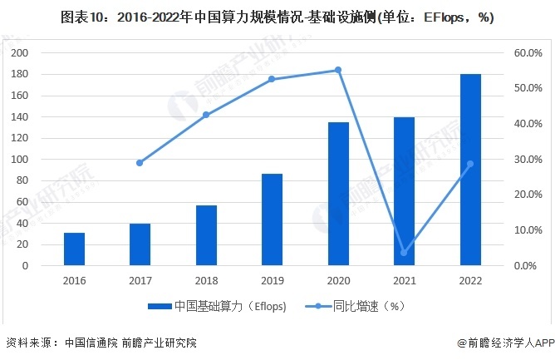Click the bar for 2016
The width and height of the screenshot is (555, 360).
pyautogui.click(x=74, y=249)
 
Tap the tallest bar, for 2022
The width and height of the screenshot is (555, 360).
pyautogui.click(x=470, y=170)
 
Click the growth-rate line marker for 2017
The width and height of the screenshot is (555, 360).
pyautogui.click(x=140, y=163)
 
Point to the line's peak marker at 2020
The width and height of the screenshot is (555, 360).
pyautogui.click(x=338, y=70)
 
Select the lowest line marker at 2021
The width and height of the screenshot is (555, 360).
pyautogui.click(x=404, y=253)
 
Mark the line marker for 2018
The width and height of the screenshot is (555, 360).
pyautogui.click(x=206, y=115)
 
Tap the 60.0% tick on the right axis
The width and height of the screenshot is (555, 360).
pyautogui.click(x=528, y=52)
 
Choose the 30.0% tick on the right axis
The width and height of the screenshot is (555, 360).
pyautogui.click(x=528, y=159)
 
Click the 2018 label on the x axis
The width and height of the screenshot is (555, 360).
pyautogui.click(x=206, y=281)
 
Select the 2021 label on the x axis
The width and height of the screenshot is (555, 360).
pyautogui.click(x=404, y=281)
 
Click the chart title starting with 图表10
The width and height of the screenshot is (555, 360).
pyautogui.click(x=277, y=18)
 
